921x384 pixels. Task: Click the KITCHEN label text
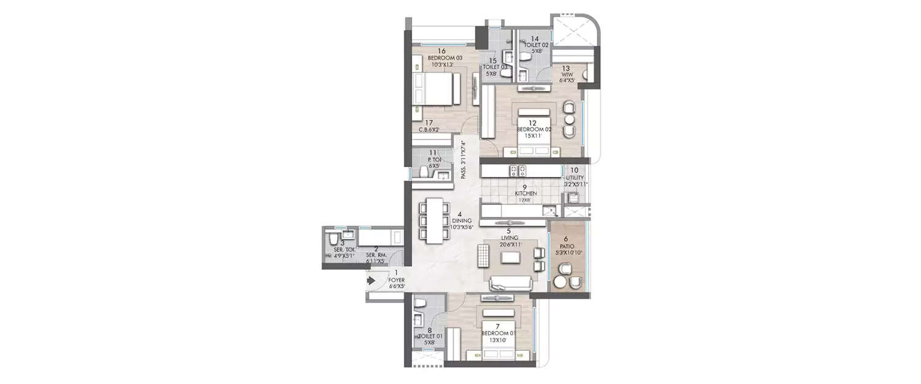coord(526,193)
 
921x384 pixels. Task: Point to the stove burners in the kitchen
coord(516,170)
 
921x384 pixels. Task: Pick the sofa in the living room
coord(510,283)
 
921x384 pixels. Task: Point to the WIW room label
coord(566,74)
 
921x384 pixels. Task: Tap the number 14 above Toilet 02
coord(535,38)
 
